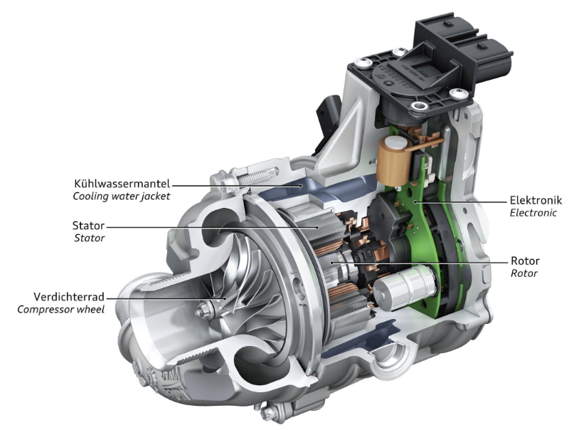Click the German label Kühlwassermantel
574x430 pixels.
[122, 183]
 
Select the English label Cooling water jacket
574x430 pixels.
[122, 196]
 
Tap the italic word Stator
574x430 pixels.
[90, 238]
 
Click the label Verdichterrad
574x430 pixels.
[69, 296]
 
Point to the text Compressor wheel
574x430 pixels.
[60, 310]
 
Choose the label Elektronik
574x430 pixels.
[536, 200]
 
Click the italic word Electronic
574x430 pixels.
[533, 213]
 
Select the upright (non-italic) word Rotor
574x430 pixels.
[525, 261]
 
